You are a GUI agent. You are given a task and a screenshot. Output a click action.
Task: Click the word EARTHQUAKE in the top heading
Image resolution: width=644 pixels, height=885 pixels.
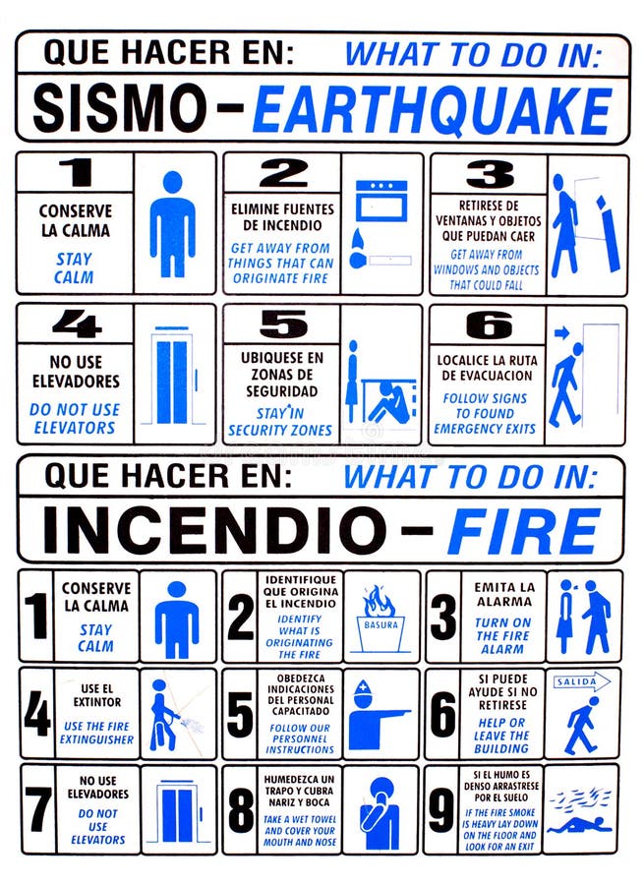[x=432, y=110]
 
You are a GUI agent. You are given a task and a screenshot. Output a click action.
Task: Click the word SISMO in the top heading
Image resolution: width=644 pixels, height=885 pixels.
[x=123, y=110]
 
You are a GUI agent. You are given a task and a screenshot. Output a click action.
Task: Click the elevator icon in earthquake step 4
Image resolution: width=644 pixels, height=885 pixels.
[x=174, y=379]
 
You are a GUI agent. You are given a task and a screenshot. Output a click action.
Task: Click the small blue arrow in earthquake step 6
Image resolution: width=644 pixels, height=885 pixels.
[x=562, y=333]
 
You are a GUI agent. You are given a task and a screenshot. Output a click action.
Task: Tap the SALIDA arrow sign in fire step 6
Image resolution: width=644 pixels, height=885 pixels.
[x=582, y=680]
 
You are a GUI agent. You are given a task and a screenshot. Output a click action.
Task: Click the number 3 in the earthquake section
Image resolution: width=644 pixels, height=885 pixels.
[x=489, y=174]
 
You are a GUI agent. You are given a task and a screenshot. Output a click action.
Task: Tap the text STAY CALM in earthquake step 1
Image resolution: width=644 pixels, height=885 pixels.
[x=74, y=268]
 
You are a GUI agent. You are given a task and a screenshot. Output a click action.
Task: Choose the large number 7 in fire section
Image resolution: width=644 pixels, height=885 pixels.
[x=38, y=809]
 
